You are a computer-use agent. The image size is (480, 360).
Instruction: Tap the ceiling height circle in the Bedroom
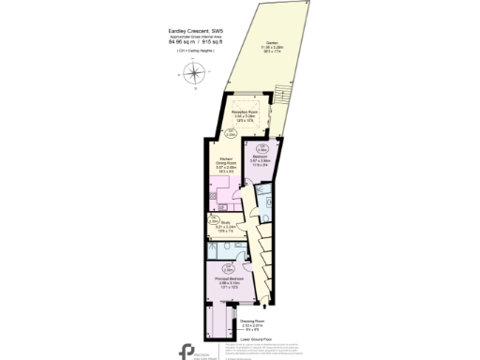point(261,148)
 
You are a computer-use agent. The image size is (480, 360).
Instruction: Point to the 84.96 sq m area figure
point(183,42)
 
